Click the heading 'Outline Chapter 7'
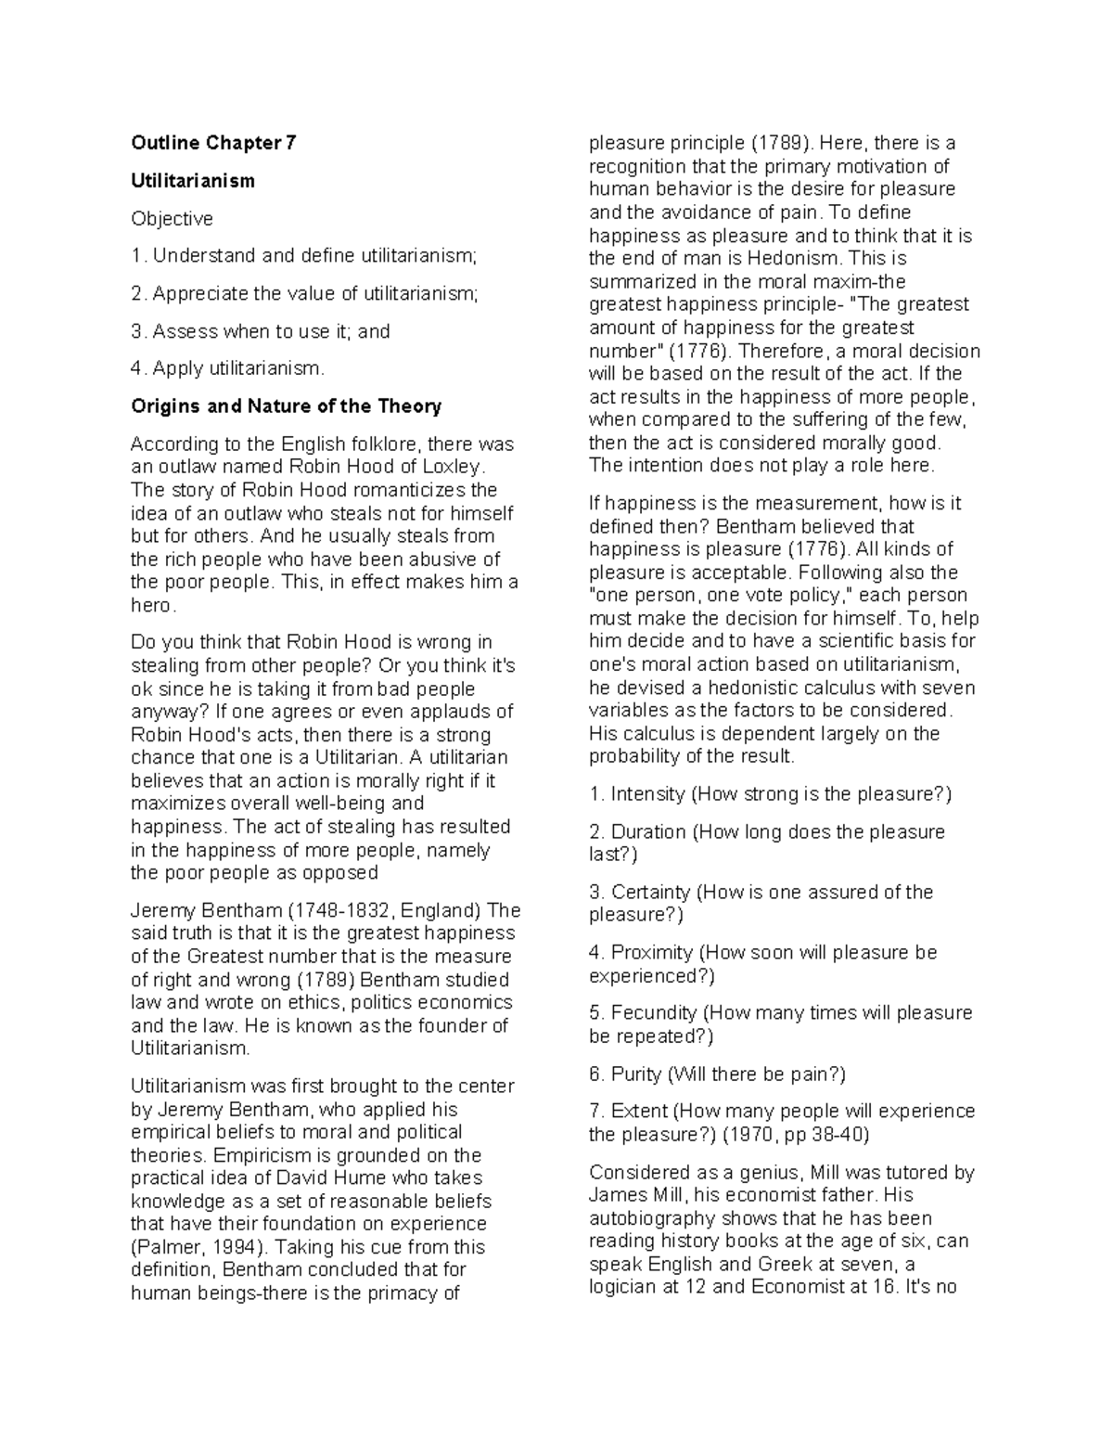(x=213, y=143)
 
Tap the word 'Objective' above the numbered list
(x=172, y=219)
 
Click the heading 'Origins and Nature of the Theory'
(x=286, y=406)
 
